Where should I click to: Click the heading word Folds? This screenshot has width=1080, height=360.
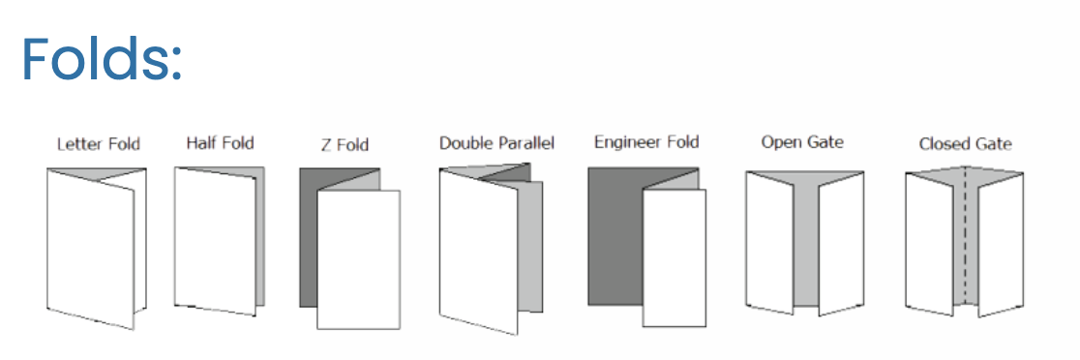pos(102,59)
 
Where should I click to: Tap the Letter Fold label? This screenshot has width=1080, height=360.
pos(99,144)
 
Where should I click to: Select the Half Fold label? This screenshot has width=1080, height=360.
pos(220,143)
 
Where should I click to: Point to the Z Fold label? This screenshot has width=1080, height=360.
pos(345,144)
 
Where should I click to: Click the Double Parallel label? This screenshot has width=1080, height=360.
pos(496,143)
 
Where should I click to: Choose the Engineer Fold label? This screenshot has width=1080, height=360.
pos(646,142)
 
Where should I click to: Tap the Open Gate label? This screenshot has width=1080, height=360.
pos(802,142)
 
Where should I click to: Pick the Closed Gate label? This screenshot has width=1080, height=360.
pos(965,144)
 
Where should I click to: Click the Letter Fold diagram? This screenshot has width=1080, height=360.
pos(97,248)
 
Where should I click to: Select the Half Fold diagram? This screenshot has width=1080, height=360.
pos(219,241)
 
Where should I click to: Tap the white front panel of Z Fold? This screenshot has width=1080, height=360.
pos(358,258)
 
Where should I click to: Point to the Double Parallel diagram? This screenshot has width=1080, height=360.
pos(491,249)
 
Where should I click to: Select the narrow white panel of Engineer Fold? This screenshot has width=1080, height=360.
pos(675,257)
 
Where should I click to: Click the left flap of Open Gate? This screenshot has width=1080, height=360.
pos(769,242)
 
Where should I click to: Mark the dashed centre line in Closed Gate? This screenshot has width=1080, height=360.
pos(965,235)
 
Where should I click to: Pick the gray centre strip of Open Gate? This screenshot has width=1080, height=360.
pos(806,241)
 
